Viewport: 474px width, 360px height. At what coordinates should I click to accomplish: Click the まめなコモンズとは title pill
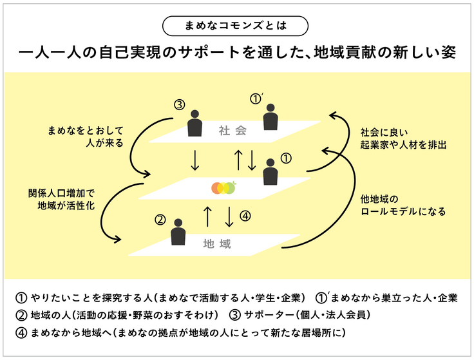tap(236, 25)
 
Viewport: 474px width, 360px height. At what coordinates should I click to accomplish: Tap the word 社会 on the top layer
tap(232, 131)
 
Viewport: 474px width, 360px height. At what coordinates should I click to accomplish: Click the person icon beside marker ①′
tap(271, 117)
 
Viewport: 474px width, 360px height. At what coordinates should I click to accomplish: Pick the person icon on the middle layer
tap(271, 173)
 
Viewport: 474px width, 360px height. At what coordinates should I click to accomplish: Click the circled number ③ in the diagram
tap(180, 106)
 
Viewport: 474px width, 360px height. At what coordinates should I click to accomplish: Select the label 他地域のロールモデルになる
tap(403, 205)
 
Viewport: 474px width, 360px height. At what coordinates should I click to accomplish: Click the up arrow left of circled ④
tap(207, 217)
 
